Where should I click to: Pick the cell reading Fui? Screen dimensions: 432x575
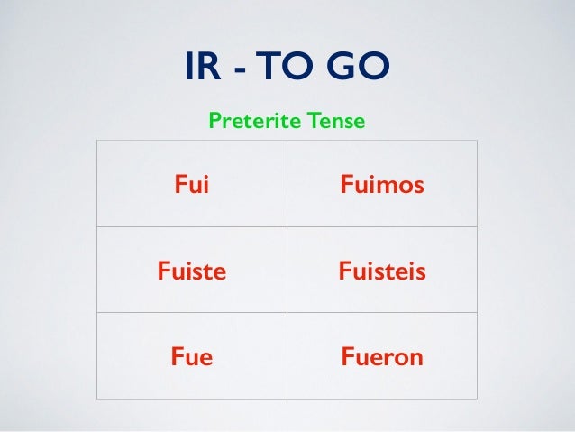click(x=189, y=186)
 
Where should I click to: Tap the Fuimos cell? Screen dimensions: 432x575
click(x=382, y=186)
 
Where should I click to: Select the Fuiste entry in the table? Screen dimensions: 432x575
click(x=191, y=271)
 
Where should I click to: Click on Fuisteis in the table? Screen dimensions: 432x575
click(x=382, y=271)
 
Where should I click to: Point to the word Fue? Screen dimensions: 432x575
click(x=191, y=356)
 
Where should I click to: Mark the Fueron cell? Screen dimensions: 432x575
click(x=382, y=356)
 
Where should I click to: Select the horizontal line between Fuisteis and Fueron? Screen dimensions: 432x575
click(x=382, y=312)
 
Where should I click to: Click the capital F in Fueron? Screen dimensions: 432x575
click(x=347, y=356)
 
